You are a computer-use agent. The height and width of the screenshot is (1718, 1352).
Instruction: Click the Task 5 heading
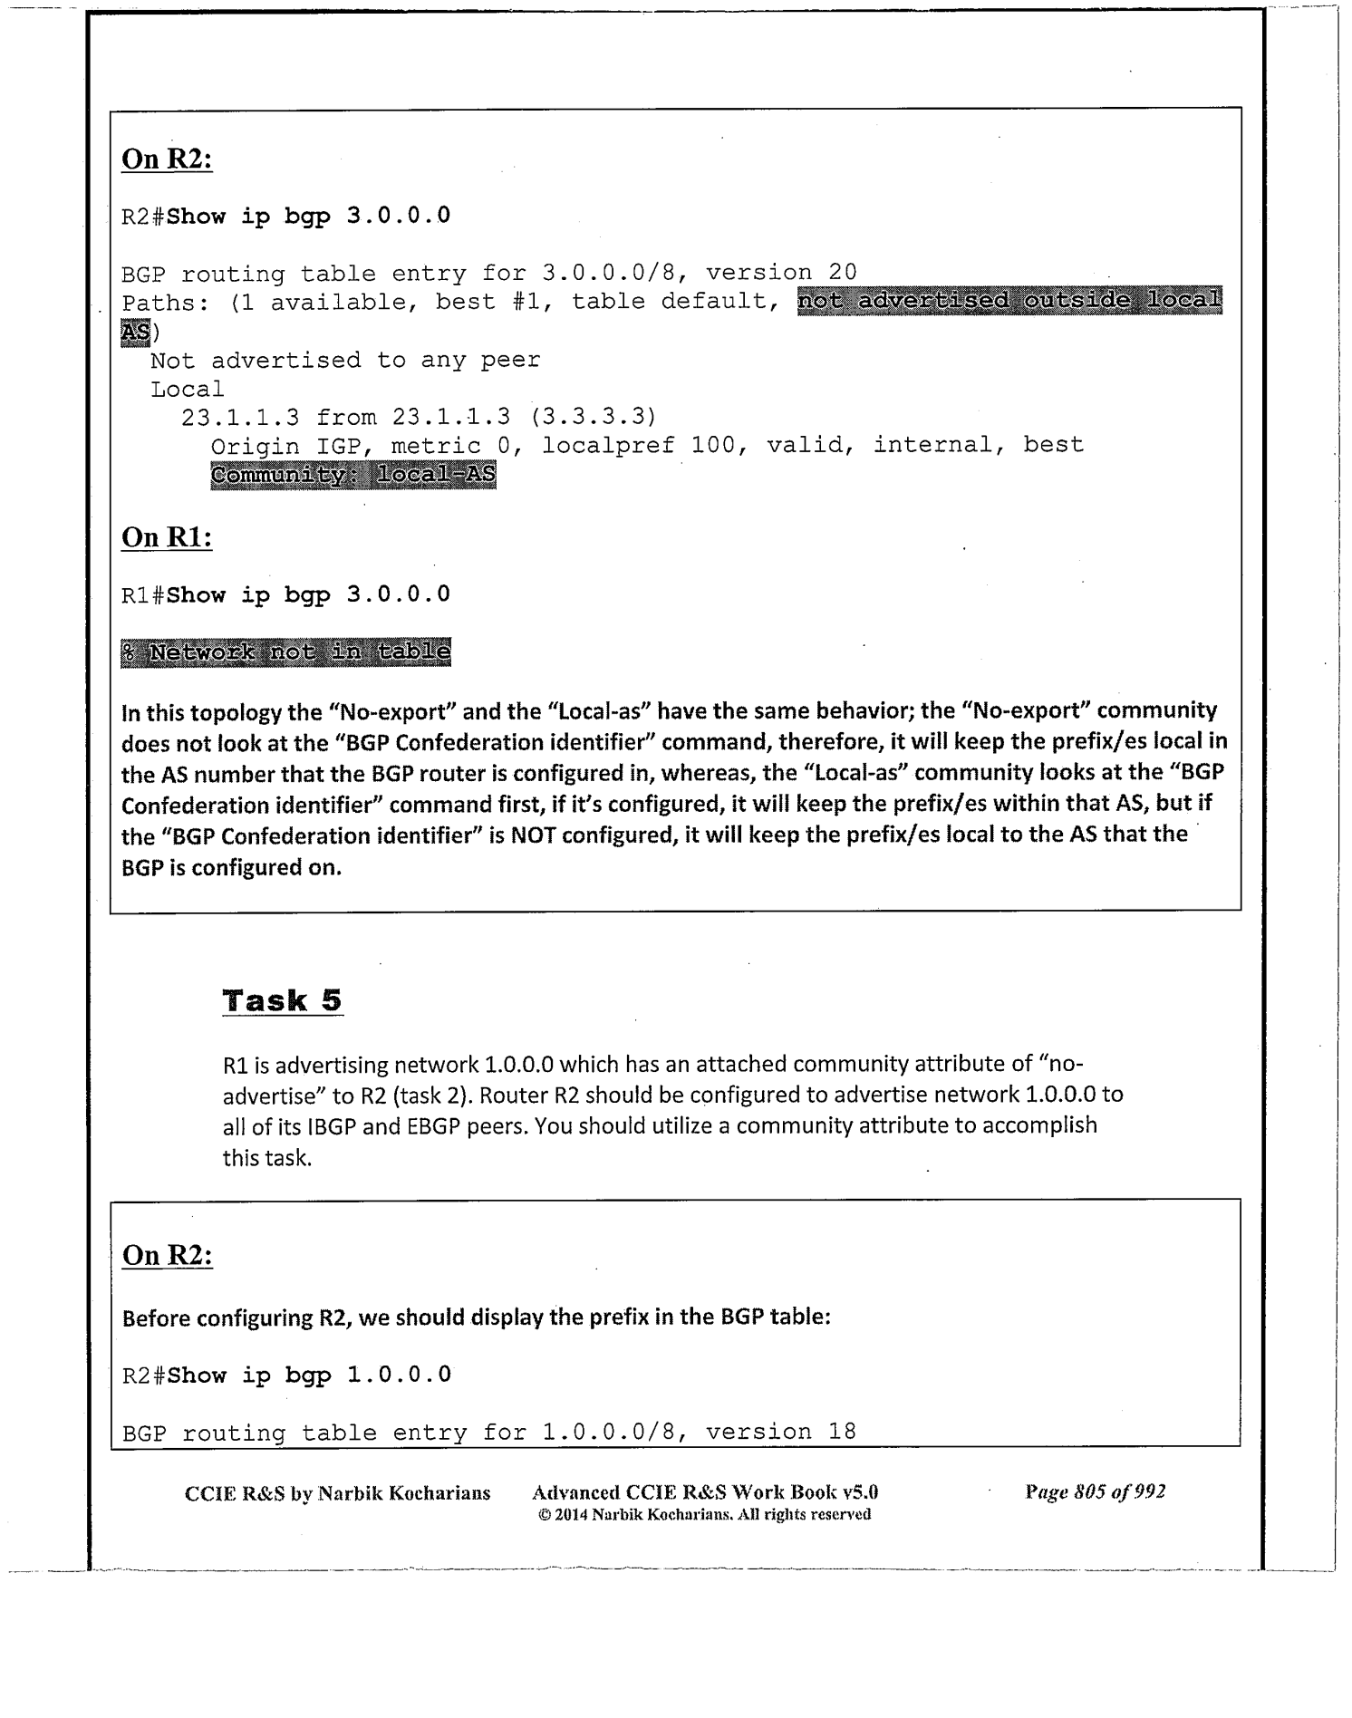tap(282, 1000)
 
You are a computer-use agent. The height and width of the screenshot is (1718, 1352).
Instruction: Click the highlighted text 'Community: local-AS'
tap(353, 475)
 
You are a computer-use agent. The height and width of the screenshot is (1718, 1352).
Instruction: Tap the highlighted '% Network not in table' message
tap(285, 651)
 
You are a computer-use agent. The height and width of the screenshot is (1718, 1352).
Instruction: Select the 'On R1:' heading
tap(167, 537)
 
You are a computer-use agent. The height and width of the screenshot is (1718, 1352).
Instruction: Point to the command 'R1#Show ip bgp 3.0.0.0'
tap(285, 594)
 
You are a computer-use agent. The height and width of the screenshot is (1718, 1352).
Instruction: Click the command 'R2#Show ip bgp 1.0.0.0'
tap(285, 1375)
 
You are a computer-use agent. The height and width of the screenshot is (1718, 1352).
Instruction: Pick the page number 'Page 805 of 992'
tap(1095, 1491)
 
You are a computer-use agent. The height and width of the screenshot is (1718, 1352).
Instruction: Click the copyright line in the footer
tap(704, 1514)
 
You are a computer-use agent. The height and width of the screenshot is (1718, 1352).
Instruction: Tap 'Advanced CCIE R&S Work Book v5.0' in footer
tap(705, 1492)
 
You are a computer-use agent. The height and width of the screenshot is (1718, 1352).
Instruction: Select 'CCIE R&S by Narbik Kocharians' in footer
tap(337, 1492)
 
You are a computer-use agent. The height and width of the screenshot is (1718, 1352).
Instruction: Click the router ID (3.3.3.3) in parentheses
tap(593, 417)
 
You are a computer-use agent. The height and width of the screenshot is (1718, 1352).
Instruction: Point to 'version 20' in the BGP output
tap(781, 272)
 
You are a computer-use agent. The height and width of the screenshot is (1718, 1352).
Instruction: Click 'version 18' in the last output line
tap(781, 1432)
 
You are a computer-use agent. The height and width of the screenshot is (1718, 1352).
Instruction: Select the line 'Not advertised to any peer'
tap(345, 360)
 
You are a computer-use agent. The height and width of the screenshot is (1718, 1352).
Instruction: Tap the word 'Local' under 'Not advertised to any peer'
tap(188, 389)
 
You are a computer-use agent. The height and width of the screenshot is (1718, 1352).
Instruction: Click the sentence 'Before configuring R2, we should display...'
tap(477, 1317)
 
